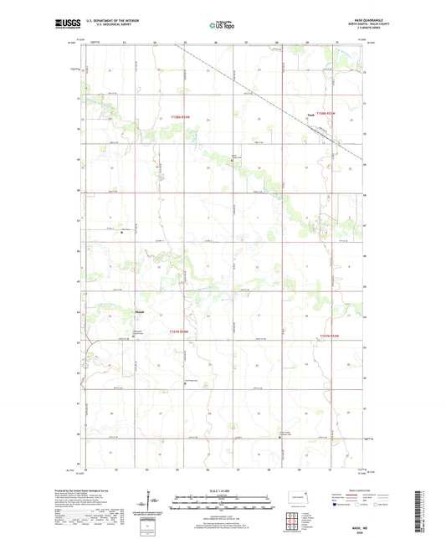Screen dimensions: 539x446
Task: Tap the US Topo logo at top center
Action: click(221, 26)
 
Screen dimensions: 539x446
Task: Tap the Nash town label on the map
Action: click(310, 116)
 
